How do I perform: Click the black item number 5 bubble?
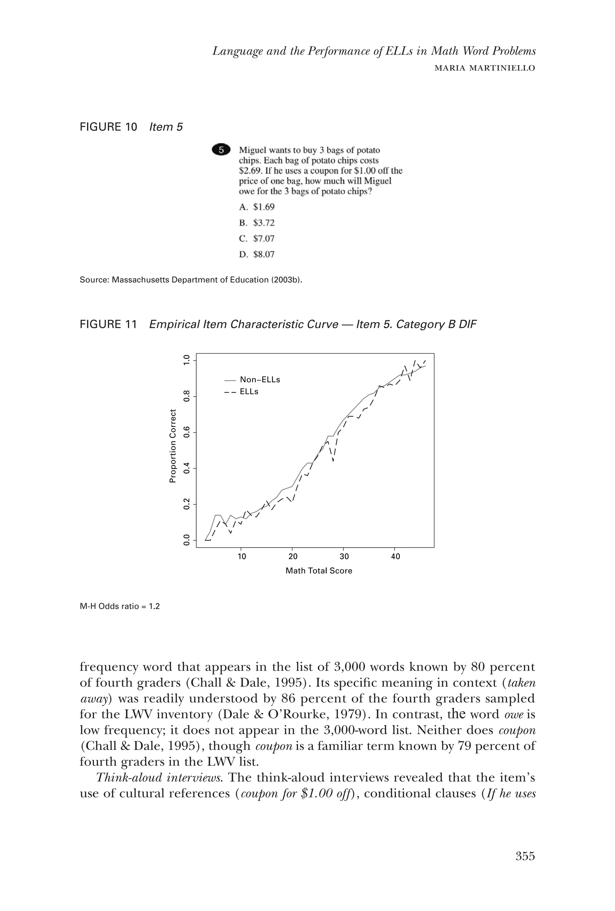(x=221, y=150)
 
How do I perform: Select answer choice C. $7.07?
(x=257, y=238)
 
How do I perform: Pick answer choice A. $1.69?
(x=257, y=207)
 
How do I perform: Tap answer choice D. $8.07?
(x=257, y=254)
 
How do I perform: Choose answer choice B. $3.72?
(x=257, y=223)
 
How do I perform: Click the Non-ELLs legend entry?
(x=253, y=380)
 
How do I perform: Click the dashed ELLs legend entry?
(x=241, y=392)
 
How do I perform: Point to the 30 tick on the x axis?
(x=344, y=556)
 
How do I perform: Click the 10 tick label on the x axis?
(x=242, y=556)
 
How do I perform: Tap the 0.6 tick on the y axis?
(x=186, y=432)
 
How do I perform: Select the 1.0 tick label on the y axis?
(x=186, y=359)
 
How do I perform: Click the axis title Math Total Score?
(x=319, y=571)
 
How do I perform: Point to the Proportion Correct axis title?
(x=172, y=446)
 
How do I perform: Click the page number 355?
(x=525, y=856)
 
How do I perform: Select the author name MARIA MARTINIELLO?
(x=485, y=68)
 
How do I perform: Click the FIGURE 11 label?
(x=108, y=325)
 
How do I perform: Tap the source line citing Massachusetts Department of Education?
(x=191, y=280)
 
